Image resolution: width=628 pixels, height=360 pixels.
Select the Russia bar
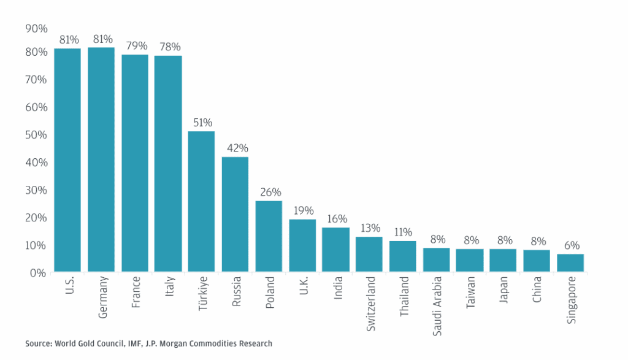[x=235, y=214]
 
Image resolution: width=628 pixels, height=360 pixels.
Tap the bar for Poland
[x=269, y=236]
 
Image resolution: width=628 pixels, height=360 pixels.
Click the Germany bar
[x=101, y=159]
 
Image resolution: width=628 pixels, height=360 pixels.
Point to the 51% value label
[x=201, y=123]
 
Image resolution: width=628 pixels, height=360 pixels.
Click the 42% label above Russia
[x=235, y=148]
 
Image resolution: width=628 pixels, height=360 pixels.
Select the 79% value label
[x=135, y=46]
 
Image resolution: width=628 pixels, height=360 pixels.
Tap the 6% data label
[x=570, y=246]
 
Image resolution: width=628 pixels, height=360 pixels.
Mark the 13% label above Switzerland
[x=369, y=229]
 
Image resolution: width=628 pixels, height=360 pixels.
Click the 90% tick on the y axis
[x=36, y=28]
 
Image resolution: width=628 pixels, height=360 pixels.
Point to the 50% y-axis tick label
[x=36, y=134]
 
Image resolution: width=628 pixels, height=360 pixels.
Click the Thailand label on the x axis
[x=404, y=296]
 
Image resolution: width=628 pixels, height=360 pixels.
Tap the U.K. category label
[x=302, y=287]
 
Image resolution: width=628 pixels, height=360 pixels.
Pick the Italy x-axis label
[x=169, y=286]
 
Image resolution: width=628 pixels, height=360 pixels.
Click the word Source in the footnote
[x=39, y=343]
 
